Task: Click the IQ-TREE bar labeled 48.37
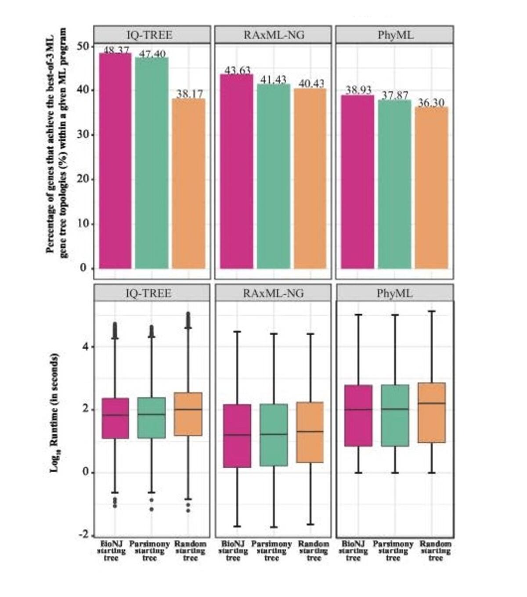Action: pyautogui.click(x=115, y=160)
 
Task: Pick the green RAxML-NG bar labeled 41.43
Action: pyautogui.click(x=273, y=176)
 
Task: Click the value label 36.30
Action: pyautogui.click(x=431, y=103)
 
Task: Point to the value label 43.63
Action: pyautogui.click(x=237, y=70)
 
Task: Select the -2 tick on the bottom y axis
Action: pyautogui.click(x=83, y=535)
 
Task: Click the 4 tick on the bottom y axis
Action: pyautogui.click(x=85, y=346)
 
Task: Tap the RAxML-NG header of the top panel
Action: pyautogui.click(x=273, y=35)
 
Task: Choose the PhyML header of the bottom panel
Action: pyautogui.click(x=395, y=293)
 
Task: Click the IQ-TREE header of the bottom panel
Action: pyautogui.click(x=148, y=293)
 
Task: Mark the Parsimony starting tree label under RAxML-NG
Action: pyautogui.click(x=271, y=551)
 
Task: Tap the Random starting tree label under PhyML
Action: pyautogui.click(x=435, y=551)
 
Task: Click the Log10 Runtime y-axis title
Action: pyautogui.click(x=54, y=413)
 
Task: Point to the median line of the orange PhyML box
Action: pyautogui.click(x=432, y=403)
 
